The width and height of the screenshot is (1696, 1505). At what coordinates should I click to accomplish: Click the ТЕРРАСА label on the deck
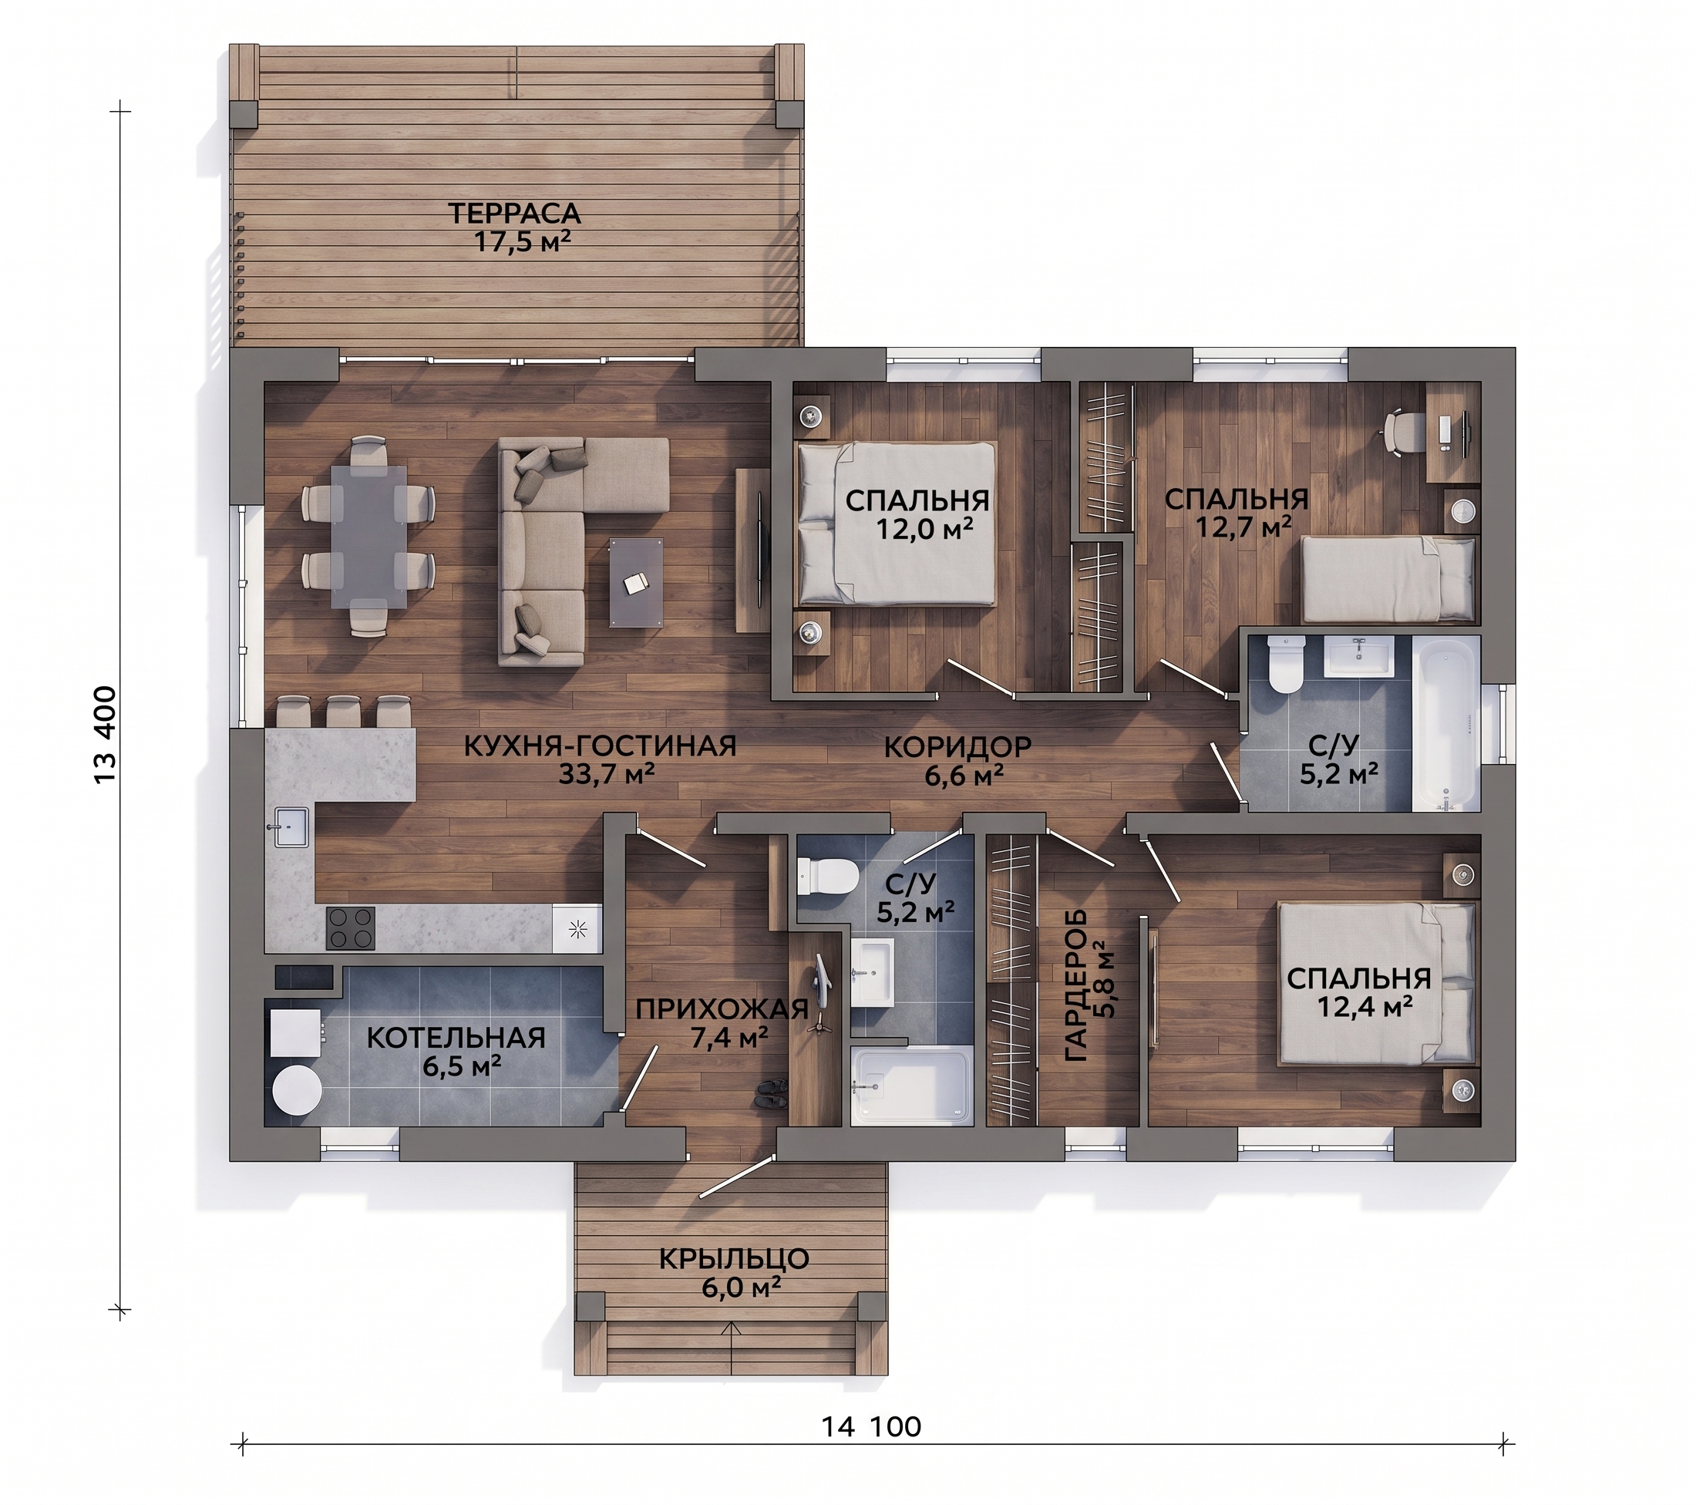click(x=514, y=214)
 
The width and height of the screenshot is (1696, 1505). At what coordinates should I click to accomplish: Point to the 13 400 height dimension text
click(x=106, y=734)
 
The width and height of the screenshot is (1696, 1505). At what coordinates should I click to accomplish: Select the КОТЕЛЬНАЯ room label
click(x=456, y=1038)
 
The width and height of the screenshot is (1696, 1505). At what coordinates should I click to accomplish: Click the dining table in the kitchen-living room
click(x=369, y=537)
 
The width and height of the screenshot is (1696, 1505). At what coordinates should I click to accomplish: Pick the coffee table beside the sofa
click(x=637, y=581)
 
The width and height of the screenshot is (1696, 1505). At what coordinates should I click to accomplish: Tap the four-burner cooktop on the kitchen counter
click(x=350, y=928)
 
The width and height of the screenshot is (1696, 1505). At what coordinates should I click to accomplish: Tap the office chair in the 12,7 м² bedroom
click(x=1402, y=433)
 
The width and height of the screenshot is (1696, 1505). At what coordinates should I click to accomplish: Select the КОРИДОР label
click(x=957, y=746)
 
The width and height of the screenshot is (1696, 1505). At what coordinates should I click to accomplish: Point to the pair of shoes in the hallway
click(x=771, y=1093)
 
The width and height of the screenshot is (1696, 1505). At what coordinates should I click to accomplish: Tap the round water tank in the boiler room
click(x=297, y=1090)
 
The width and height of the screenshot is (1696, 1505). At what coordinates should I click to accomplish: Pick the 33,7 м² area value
click(x=607, y=774)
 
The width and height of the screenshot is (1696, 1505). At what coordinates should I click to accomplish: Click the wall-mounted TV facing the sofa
click(x=762, y=549)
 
